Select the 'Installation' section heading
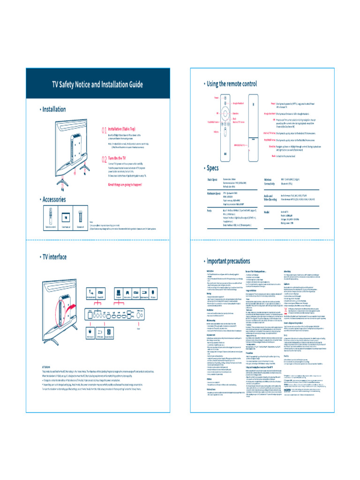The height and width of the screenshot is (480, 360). pos(53,109)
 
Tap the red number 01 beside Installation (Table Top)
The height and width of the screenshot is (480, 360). pos(104,130)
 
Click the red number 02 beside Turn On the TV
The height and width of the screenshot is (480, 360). pos(104,159)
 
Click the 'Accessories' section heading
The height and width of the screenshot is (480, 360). pos(53,199)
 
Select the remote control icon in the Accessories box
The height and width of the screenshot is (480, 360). pos(50,217)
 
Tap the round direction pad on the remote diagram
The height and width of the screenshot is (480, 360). pos(225,114)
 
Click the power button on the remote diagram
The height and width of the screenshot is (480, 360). pos(225,98)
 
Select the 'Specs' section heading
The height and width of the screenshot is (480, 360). pos(212,168)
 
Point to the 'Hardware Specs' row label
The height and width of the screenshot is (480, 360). pos(216,193)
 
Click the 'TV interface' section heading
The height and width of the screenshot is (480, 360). pos(54,257)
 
